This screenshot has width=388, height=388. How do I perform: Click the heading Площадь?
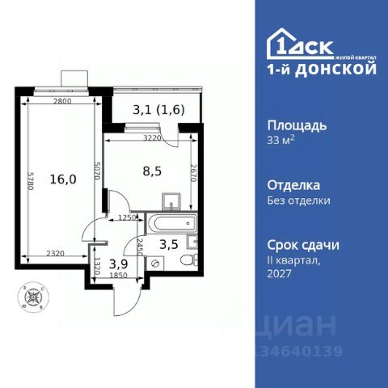click(296, 125)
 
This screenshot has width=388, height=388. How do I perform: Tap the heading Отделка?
click(293, 185)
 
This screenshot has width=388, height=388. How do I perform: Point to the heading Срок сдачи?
click(302, 244)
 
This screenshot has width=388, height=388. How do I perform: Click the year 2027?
click(279, 273)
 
